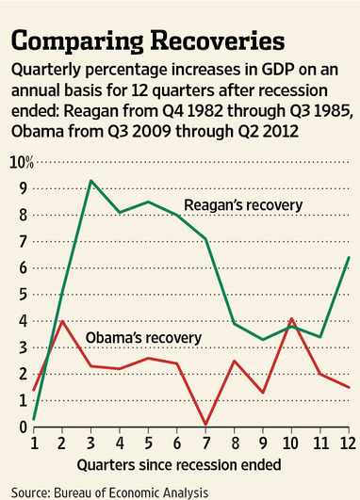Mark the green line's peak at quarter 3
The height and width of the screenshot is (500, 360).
click(x=90, y=181)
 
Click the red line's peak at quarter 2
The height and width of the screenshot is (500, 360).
click(x=62, y=321)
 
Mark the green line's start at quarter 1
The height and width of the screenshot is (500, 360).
click(x=33, y=419)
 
